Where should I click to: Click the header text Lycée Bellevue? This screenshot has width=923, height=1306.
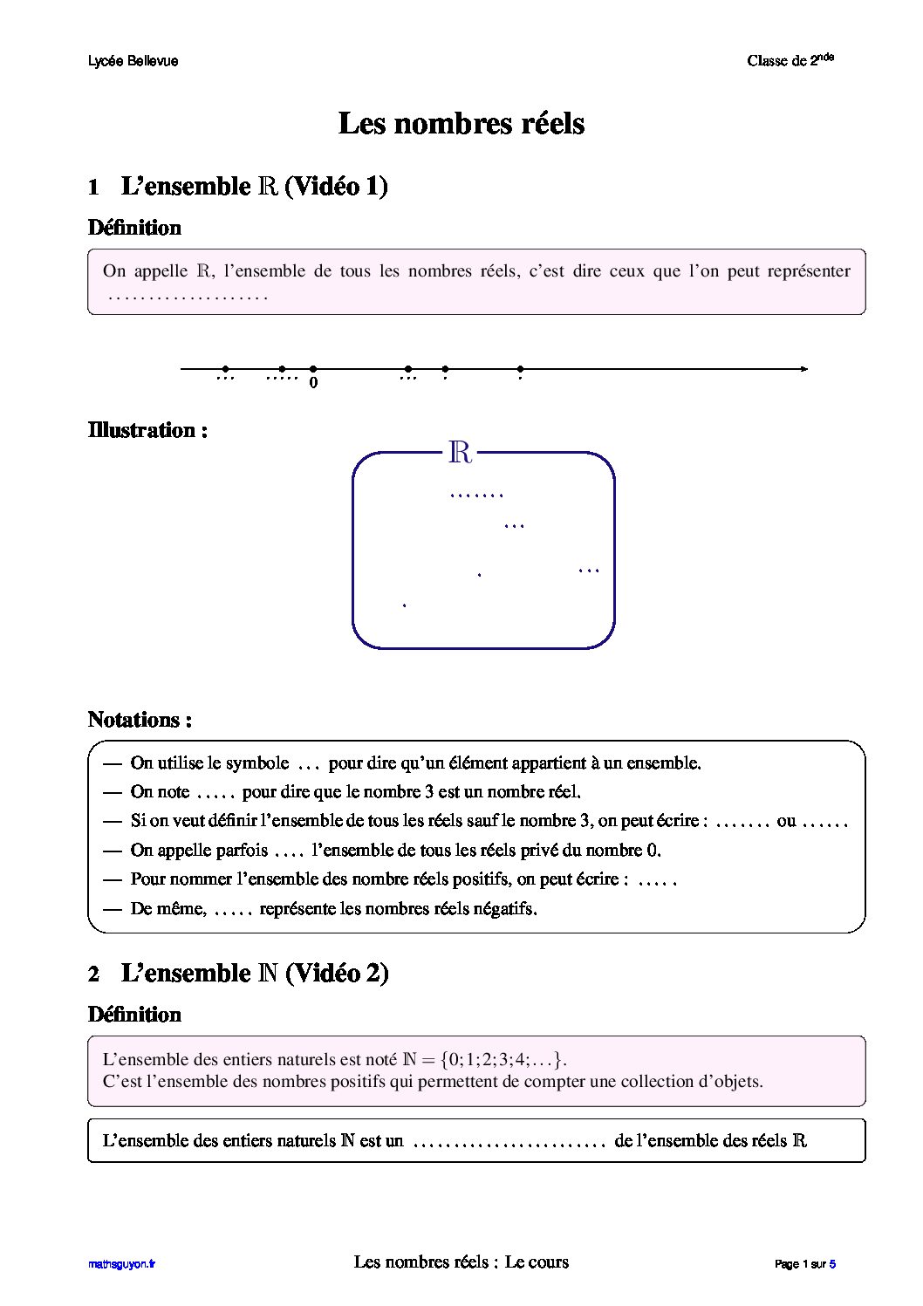point(133,61)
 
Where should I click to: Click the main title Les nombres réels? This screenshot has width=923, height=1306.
point(461,124)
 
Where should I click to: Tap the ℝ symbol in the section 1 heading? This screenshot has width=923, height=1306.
point(268,187)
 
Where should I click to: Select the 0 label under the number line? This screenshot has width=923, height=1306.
point(313,382)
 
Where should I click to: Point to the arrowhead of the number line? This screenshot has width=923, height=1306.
point(803,369)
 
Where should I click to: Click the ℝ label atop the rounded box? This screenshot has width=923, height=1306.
point(460,453)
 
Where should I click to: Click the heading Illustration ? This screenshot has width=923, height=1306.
point(147,430)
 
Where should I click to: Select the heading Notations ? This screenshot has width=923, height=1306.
point(140,720)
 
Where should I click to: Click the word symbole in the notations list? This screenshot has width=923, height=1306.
point(257,763)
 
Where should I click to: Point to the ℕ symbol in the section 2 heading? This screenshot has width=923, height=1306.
point(268,974)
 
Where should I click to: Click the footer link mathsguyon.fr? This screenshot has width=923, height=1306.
point(121,1264)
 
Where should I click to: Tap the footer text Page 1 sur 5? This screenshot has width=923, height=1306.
point(805,1264)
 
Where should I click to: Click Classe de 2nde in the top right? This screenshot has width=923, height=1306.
point(790,60)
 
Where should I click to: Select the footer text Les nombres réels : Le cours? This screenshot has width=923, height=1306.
point(461,1262)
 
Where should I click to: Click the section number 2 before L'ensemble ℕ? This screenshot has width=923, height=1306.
point(94,974)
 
